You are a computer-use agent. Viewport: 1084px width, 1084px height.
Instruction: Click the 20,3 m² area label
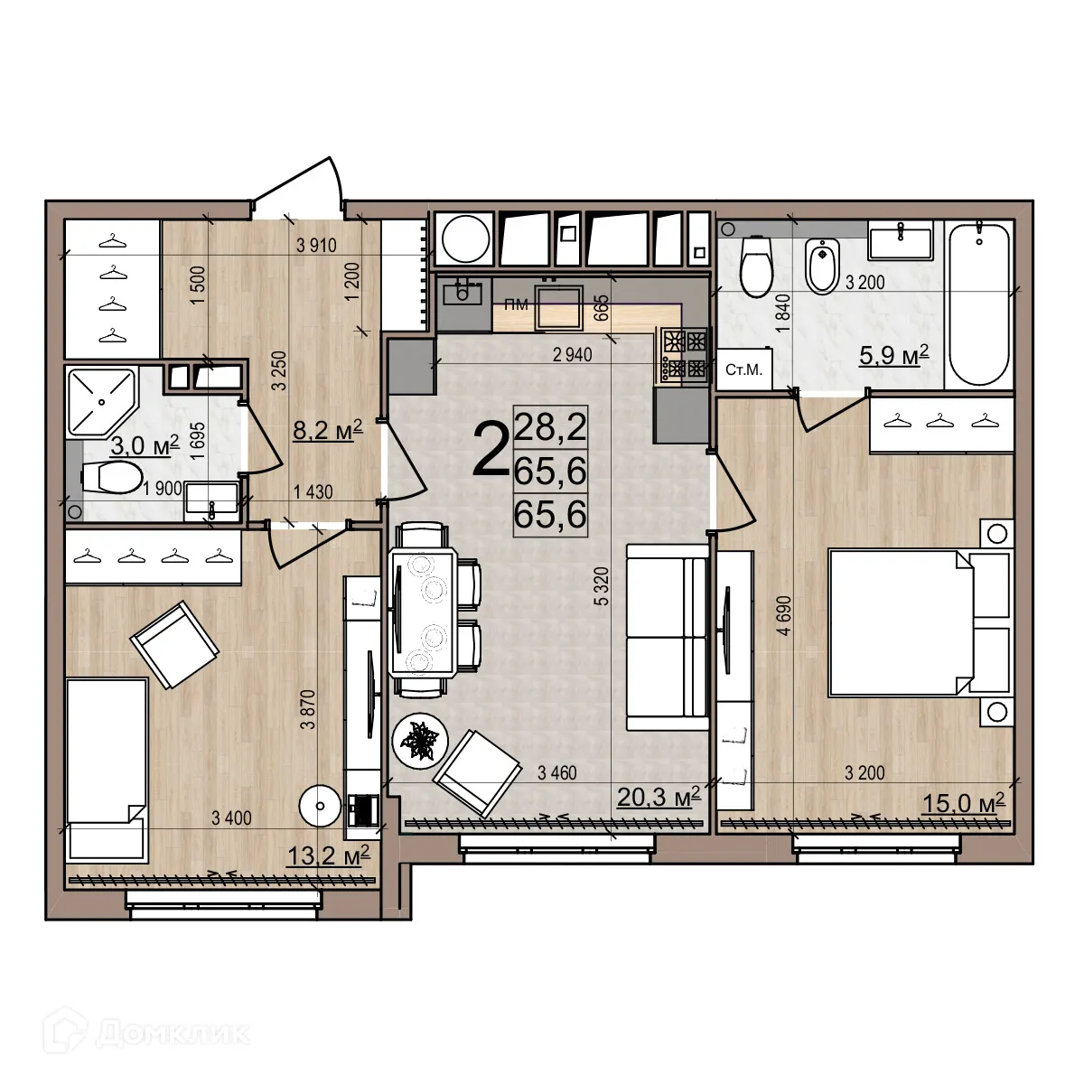pos(659,797)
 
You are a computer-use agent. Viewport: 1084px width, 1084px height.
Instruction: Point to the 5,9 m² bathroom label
pos(894,356)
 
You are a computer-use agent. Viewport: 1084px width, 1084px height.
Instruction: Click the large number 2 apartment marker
pos(490,452)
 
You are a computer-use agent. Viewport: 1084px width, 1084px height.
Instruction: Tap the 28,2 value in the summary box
pos(550,425)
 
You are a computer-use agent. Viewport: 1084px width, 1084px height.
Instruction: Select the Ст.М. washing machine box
pos(744,369)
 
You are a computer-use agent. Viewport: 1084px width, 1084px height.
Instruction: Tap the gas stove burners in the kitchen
pos(685,354)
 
